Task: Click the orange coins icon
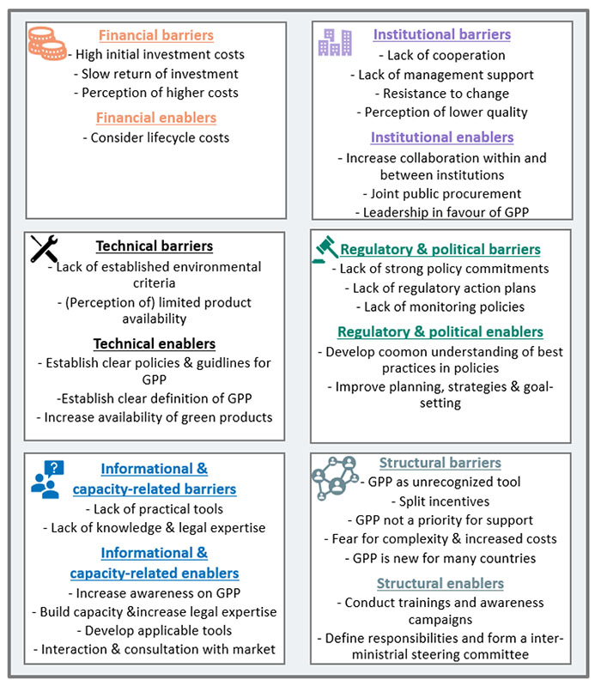[46, 43]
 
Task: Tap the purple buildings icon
[336, 42]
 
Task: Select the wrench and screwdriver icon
[44, 248]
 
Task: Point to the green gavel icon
[325, 250]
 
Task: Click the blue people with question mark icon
[48, 480]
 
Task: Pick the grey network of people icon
[335, 478]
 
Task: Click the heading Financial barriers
[156, 35]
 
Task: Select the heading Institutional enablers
[442, 137]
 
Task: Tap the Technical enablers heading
[155, 343]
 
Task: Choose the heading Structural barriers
[440, 463]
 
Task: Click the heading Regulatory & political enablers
[440, 331]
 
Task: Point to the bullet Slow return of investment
[156, 74]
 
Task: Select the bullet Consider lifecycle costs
[156, 137]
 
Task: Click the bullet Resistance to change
[442, 94]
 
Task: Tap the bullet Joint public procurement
[442, 194]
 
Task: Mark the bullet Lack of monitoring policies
[440, 307]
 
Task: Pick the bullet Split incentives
[440, 501]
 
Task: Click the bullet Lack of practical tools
[155, 509]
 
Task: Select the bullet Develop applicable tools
[155, 631]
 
